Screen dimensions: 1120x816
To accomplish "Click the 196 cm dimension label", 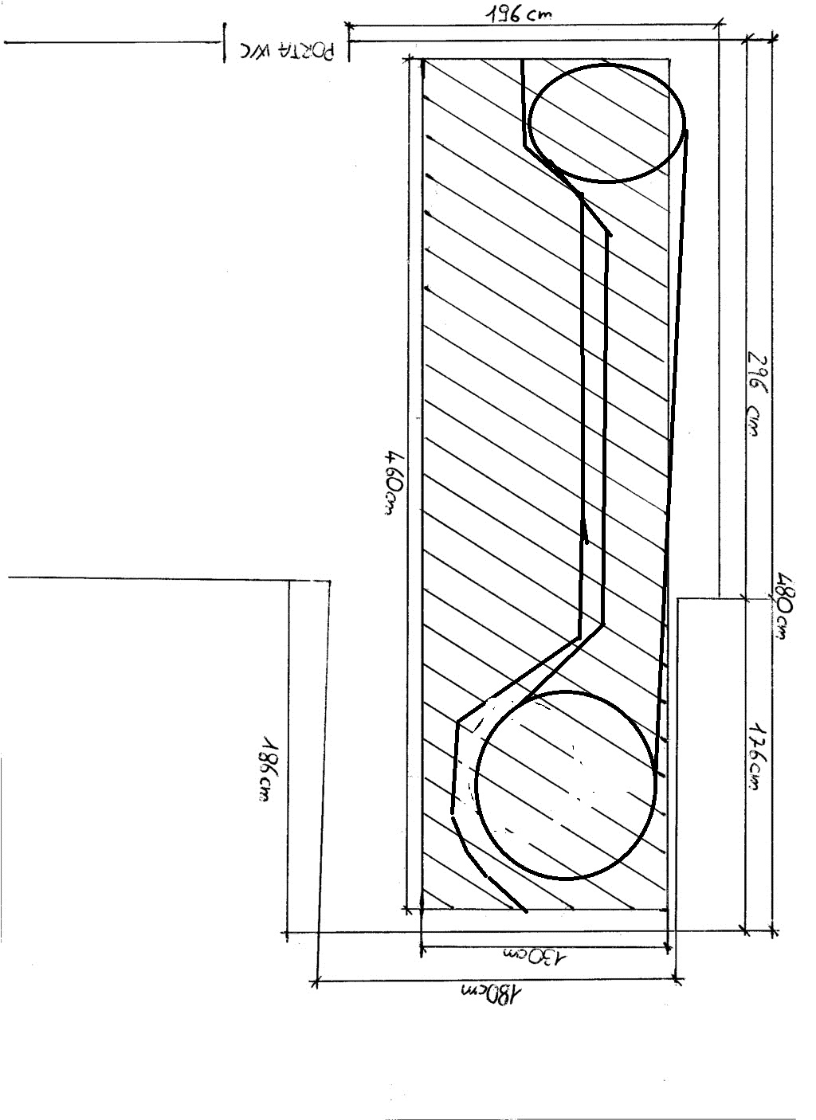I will (519, 13).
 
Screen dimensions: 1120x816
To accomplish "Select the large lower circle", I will (566, 785).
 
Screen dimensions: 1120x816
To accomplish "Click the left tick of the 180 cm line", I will (317, 983).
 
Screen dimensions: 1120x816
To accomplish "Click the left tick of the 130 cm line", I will (421, 947).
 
